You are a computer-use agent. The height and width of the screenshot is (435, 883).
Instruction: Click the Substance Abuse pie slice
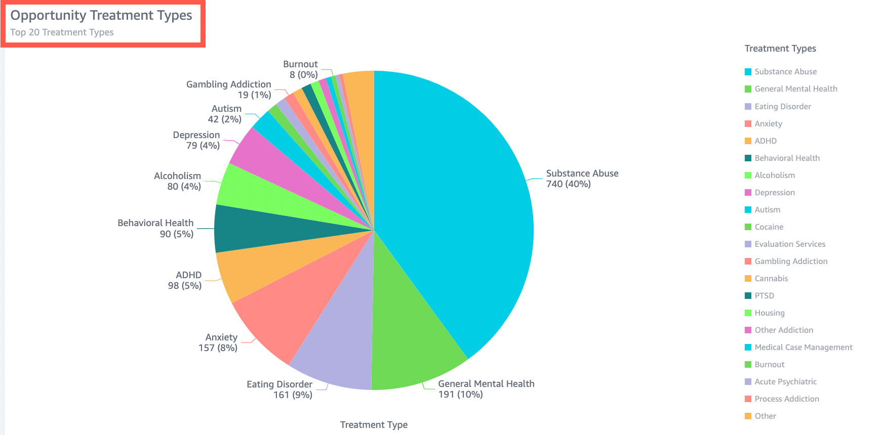coord(456,202)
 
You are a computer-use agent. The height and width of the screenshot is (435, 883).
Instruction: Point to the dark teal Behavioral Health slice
coord(263,230)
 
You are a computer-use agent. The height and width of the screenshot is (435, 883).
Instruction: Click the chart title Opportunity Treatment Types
coord(101,15)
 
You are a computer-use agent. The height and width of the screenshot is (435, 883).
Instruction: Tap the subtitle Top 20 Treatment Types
coord(62,32)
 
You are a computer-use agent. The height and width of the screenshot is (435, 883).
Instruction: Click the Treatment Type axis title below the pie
coord(374,425)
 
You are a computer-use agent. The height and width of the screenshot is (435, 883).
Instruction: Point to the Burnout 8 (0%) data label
coord(301,70)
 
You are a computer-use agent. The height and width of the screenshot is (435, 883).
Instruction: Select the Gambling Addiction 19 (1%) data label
coord(229,90)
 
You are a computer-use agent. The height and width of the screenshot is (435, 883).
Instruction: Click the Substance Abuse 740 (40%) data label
coord(582,179)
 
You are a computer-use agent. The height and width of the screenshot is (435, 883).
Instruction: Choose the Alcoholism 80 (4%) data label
coord(178,181)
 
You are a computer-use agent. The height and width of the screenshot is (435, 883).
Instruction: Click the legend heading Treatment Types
coord(780,49)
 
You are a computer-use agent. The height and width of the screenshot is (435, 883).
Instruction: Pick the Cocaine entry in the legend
coord(769,227)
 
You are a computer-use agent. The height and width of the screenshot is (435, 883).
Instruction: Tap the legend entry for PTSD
coord(764,296)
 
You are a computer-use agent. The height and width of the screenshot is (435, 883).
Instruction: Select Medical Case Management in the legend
coord(803,347)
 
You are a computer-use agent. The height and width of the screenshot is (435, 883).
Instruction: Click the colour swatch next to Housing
coord(748,313)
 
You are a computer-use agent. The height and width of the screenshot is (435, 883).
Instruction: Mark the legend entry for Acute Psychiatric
coord(785,382)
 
